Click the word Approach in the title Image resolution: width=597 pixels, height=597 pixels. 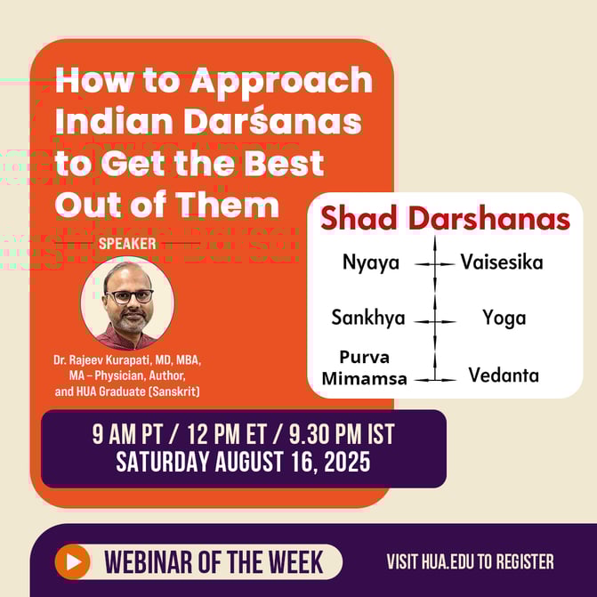[x=281, y=82]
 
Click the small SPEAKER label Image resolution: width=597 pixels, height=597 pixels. [x=127, y=243]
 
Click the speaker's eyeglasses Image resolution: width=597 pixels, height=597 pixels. [x=129, y=296]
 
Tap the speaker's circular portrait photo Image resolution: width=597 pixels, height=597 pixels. [x=127, y=303]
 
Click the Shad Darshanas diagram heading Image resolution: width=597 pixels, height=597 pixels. [x=445, y=219]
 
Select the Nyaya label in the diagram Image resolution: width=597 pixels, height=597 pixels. [x=371, y=262]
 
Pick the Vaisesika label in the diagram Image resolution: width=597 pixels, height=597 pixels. [x=501, y=262]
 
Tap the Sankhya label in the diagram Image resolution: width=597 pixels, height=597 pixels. [x=368, y=318]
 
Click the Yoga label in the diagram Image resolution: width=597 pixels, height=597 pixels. [x=504, y=318]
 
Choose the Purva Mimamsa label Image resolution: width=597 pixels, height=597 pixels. [x=364, y=367]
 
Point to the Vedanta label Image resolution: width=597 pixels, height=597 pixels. [x=504, y=375]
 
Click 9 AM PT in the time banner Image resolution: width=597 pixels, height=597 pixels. [x=133, y=435]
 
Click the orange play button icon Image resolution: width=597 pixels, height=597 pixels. [x=72, y=561]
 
